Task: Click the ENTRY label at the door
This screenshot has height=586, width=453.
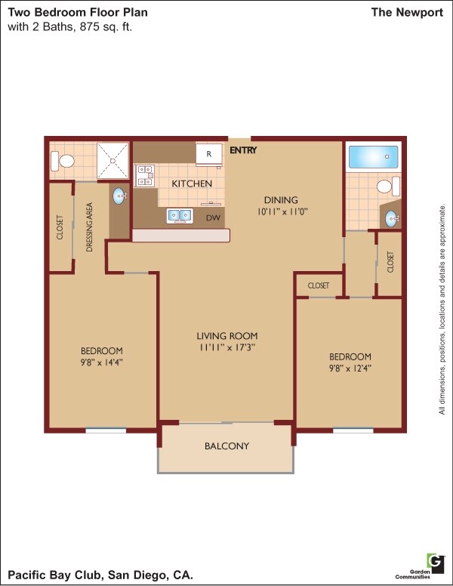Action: [x=243, y=150]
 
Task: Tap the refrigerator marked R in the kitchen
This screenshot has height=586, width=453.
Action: [x=209, y=153]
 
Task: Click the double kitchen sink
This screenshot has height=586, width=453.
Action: [x=180, y=216]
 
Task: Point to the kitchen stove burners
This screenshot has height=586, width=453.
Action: [x=145, y=176]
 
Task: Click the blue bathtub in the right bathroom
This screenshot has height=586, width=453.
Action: [x=372, y=158]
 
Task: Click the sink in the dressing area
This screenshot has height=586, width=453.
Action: [x=120, y=196]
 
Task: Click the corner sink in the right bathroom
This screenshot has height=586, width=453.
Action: [x=391, y=218]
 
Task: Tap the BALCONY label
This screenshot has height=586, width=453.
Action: [x=226, y=446]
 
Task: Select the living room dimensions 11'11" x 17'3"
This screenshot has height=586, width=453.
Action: [x=227, y=348]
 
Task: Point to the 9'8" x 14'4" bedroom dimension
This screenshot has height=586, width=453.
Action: [x=102, y=362]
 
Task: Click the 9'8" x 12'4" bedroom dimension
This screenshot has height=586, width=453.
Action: [x=350, y=369]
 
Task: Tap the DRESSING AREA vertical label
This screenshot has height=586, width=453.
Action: [x=90, y=227]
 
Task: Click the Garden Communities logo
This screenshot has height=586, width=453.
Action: [x=434, y=563]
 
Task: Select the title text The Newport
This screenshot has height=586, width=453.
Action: [x=407, y=12]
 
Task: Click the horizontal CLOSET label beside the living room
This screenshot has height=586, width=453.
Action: [x=319, y=285]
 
